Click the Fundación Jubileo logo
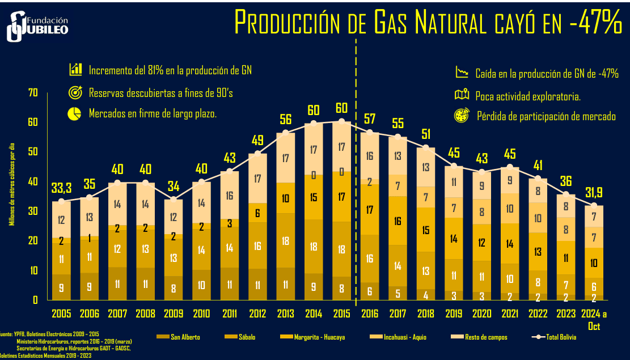pyautogui.click(x=37, y=26)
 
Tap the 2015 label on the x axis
pyautogui.click(x=341, y=313)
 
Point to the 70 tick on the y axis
pyautogui.click(x=32, y=92)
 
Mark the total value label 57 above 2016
pyautogui.click(x=370, y=119)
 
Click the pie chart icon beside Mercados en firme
pyautogui.click(x=74, y=113)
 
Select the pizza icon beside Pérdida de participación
pyautogui.click(x=462, y=117)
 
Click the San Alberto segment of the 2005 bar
pyautogui.click(x=61, y=287)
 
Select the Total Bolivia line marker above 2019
pyautogui.click(x=454, y=166)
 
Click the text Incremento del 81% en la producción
pyautogui.click(x=170, y=70)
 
